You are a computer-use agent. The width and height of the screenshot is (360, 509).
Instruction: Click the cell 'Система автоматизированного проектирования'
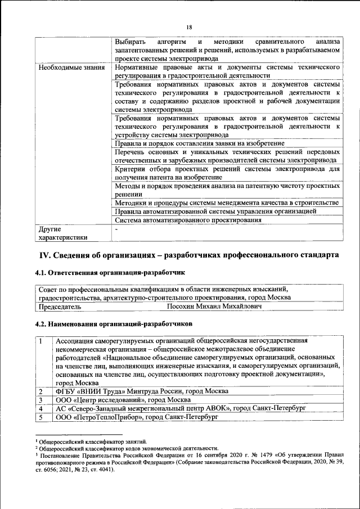point(188,220)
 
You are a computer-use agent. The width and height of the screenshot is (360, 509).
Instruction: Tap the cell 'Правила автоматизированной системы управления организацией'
point(215,211)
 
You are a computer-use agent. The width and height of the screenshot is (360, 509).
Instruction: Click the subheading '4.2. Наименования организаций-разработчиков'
point(114,324)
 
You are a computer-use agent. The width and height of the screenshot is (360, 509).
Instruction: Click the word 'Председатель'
point(59,307)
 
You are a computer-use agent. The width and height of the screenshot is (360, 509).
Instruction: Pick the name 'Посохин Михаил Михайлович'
point(214,307)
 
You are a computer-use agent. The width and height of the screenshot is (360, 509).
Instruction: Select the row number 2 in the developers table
point(40,391)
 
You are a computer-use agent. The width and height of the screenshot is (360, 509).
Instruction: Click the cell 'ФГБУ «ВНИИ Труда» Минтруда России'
point(141,391)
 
